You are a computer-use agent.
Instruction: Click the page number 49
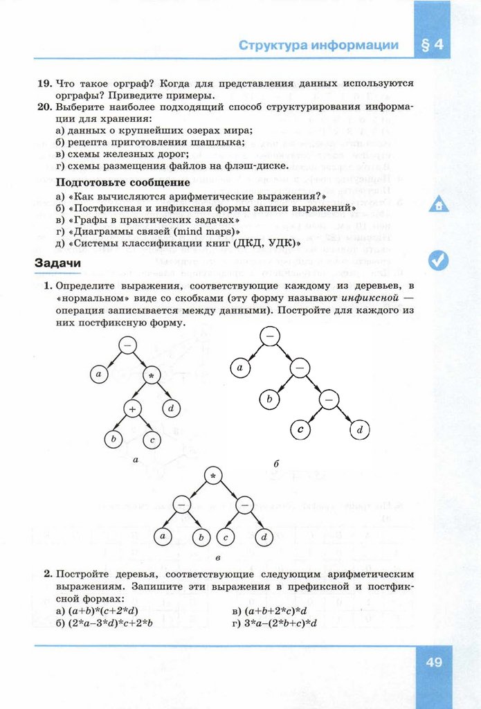pyautogui.click(x=434, y=662)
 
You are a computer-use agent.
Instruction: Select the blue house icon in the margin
pyautogui.click(x=439, y=205)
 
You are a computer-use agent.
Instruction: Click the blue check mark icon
pyautogui.click(x=438, y=260)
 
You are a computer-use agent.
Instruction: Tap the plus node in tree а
pyautogui.click(x=133, y=409)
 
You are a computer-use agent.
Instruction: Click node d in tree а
pyautogui.click(x=171, y=409)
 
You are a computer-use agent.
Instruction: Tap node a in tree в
pyautogui.click(x=163, y=536)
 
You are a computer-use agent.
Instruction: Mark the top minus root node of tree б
pyautogui.click(x=269, y=335)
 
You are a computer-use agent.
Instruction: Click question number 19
pyautogui.click(x=44, y=83)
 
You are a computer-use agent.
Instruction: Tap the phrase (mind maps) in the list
pyautogui.click(x=206, y=231)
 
